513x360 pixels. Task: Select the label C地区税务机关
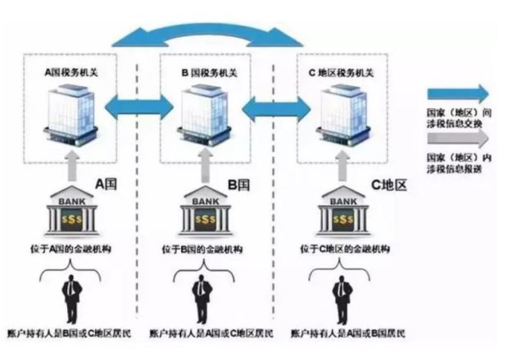(x=343, y=73)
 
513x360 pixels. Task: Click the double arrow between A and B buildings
(x=139, y=104)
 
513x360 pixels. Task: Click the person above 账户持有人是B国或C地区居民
(x=72, y=299)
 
